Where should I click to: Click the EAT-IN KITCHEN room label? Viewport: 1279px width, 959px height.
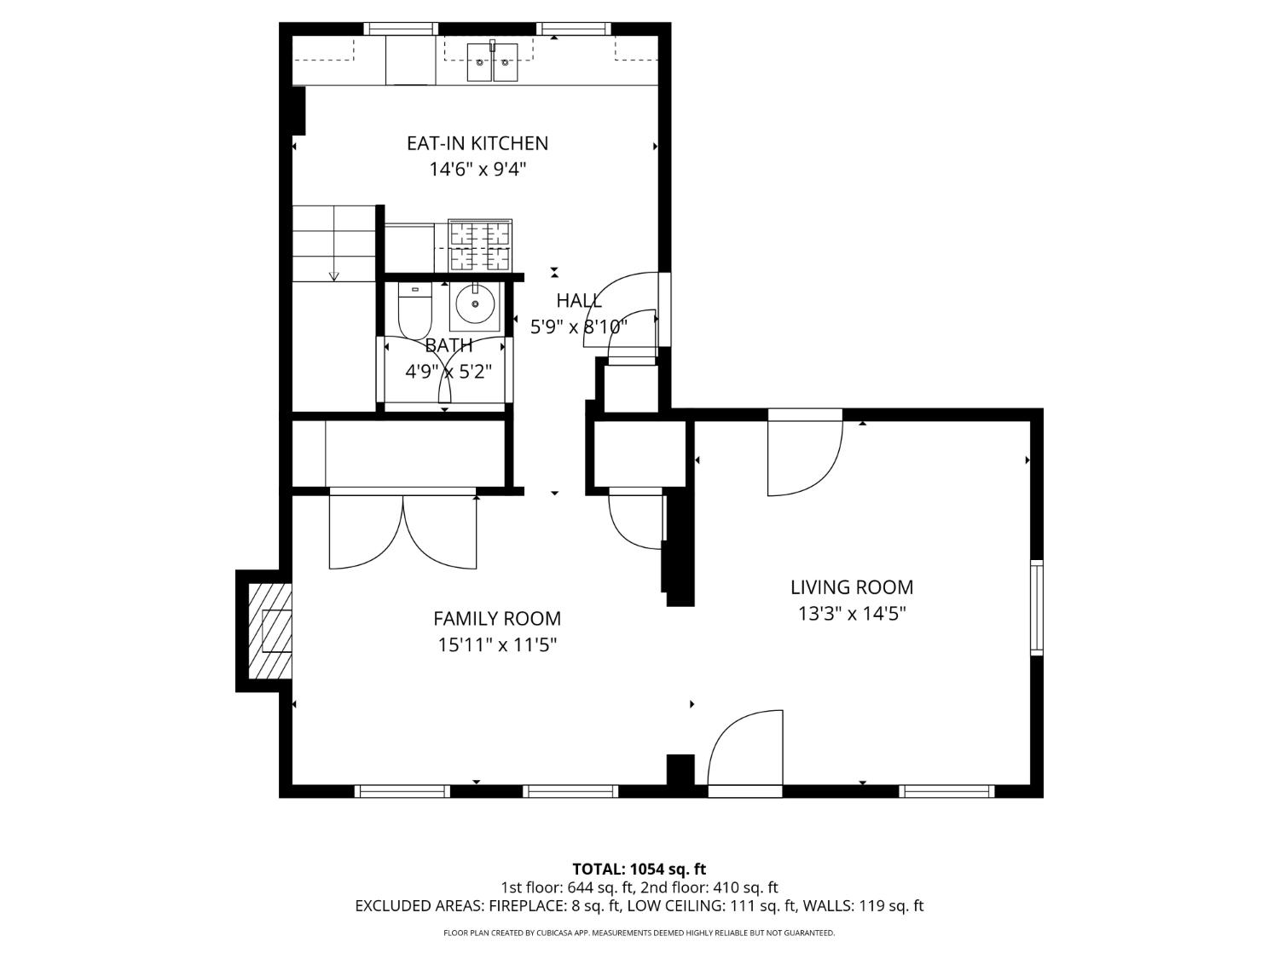(x=477, y=143)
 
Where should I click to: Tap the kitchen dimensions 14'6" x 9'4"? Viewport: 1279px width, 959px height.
(x=477, y=170)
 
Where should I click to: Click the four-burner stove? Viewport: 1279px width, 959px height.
(x=480, y=246)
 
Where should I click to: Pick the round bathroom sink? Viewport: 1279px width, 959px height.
(x=476, y=304)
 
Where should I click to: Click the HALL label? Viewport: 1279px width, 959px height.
(x=579, y=300)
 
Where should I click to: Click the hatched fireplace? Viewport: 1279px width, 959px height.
(x=270, y=631)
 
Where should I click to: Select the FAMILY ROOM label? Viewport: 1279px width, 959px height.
(x=497, y=618)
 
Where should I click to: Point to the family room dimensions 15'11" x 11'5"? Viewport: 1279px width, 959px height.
(x=498, y=645)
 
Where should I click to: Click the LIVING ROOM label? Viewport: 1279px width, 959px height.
(x=851, y=587)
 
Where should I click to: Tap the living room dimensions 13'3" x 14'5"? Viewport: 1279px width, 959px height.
(x=852, y=614)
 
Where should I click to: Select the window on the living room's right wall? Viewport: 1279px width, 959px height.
(x=1037, y=607)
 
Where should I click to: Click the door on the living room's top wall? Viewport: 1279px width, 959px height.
(x=805, y=453)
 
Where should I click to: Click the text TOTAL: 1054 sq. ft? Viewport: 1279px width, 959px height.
(x=639, y=869)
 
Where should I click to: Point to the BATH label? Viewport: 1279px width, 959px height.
(x=449, y=346)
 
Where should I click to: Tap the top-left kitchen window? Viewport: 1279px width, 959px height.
(x=401, y=28)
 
